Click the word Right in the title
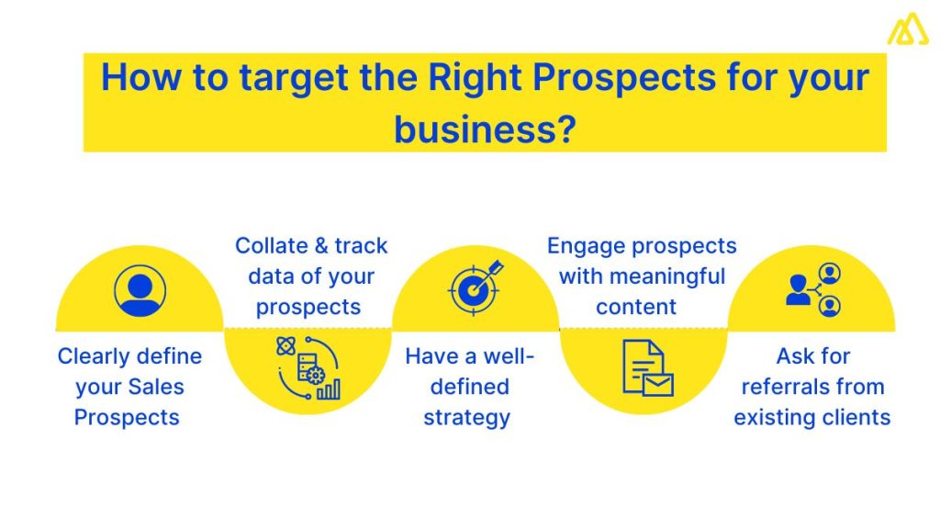pos(476,77)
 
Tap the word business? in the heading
pos(485,129)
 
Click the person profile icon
pos(140,290)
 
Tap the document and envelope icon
pos(647,367)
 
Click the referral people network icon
pos(813,289)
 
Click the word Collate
pos(268,246)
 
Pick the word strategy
pos(466,417)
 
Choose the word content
pos(636,307)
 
